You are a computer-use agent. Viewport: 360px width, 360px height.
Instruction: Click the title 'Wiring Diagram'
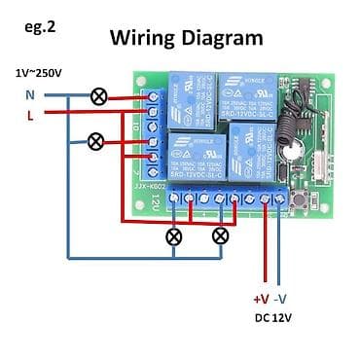pyautogui.click(x=186, y=38)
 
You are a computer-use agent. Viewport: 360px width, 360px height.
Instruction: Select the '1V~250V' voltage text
pyautogui.click(x=38, y=73)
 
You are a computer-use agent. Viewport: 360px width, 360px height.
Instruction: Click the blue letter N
pyautogui.click(x=28, y=95)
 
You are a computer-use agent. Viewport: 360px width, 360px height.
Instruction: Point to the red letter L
pyautogui.click(x=29, y=114)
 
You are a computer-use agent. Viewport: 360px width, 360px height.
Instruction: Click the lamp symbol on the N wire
pyautogui.click(x=98, y=95)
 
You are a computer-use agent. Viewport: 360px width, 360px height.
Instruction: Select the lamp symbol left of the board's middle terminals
pyautogui.click(x=95, y=141)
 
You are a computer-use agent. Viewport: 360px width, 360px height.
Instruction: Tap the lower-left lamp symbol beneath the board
pyautogui.click(x=175, y=235)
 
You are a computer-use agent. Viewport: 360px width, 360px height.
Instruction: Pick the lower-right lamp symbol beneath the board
pyautogui.click(x=221, y=235)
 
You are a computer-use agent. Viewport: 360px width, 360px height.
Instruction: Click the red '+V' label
pyautogui.click(x=260, y=299)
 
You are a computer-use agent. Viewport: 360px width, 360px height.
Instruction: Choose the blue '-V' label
pyautogui.click(x=280, y=299)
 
